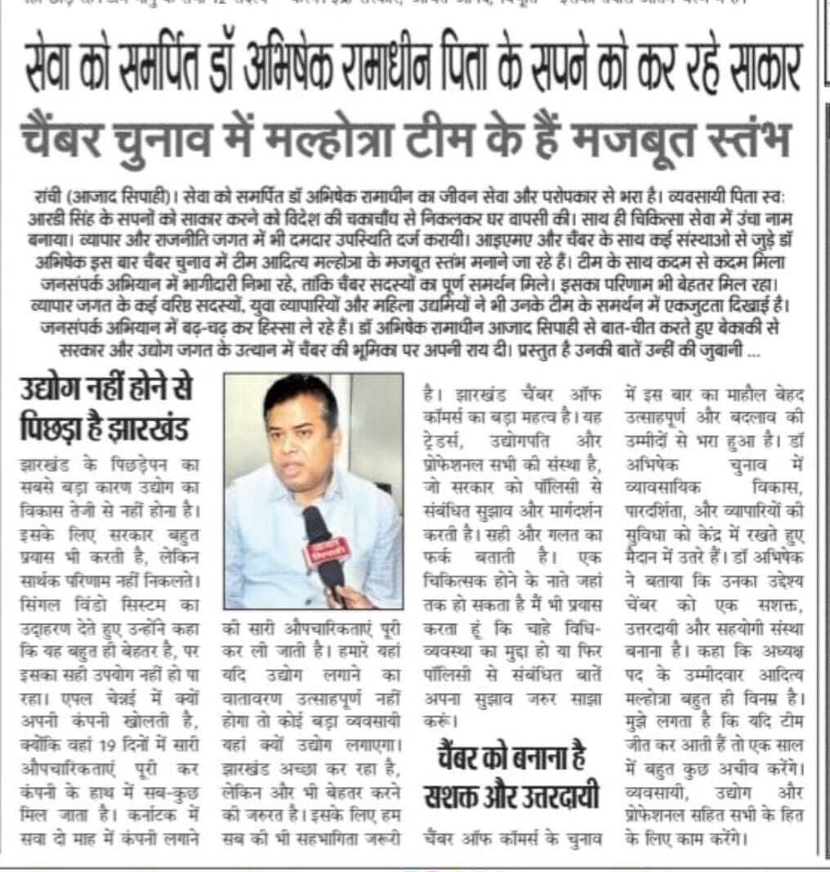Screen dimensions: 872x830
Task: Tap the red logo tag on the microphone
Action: tap(326, 556)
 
